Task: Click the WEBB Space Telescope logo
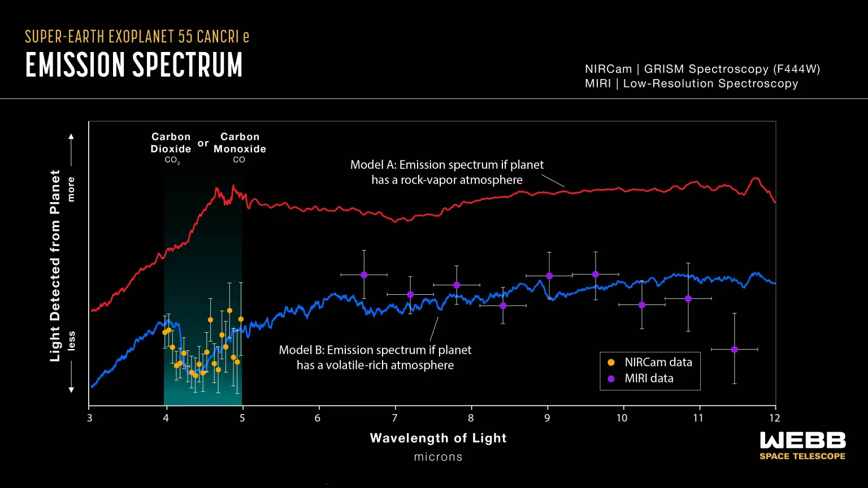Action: coord(802,446)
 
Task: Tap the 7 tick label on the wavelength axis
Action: coord(395,418)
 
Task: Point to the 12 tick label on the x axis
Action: coord(775,418)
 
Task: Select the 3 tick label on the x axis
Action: coord(89,418)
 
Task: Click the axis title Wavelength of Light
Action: coord(438,438)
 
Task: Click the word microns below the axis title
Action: coord(438,457)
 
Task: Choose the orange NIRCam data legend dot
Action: coord(611,363)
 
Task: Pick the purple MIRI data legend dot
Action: coord(611,379)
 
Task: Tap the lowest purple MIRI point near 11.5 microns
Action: coord(734,350)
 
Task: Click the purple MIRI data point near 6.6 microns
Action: coord(364,274)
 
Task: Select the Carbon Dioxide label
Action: coord(171,143)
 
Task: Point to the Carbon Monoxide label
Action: coord(240,143)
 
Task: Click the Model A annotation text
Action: coord(446,172)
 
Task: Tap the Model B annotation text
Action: coord(375,358)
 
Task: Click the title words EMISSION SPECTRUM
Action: coord(134,65)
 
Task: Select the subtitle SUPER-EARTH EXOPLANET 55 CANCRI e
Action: coord(137,37)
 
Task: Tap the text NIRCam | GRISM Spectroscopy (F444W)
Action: coord(702,69)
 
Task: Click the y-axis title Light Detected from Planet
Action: coord(55,265)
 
